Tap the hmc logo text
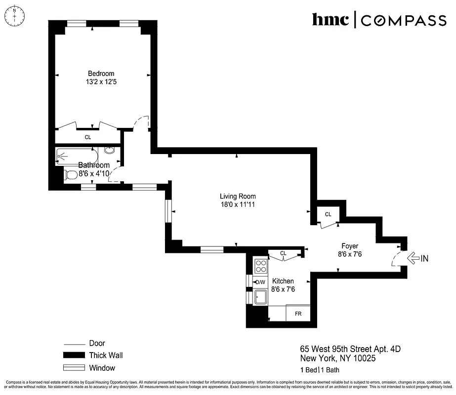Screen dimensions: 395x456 pos(331,20)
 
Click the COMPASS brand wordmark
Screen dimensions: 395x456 pos(404,20)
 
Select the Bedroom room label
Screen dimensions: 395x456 pos(101,74)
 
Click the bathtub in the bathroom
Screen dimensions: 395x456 pos(79,157)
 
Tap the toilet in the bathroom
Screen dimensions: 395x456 pos(71,174)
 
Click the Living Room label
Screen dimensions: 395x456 pos(238,196)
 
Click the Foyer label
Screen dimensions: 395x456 pos(350,246)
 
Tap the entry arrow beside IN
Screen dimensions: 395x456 pos(412,257)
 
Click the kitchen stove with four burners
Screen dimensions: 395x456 pos(260,267)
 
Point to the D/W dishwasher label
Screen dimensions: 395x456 pos(260,282)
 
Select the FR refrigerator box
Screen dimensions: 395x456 pos(298,314)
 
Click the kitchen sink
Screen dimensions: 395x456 pos(260,297)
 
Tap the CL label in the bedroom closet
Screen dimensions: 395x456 pos(87,137)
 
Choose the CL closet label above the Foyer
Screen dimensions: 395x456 pos(328,214)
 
